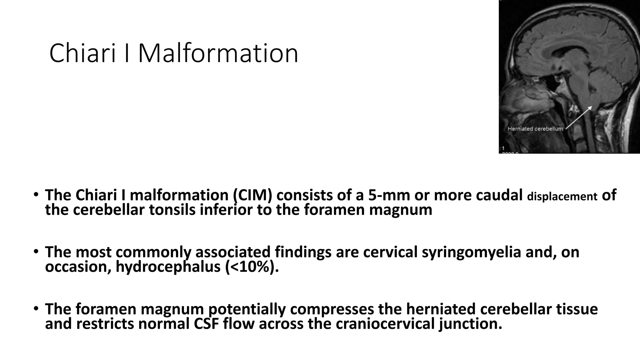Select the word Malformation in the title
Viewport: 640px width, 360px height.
click(x=218, y=53)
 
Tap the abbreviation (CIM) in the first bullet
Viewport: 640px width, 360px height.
click(x=252, y=195)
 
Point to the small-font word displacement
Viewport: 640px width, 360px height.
click(x=562, y=197)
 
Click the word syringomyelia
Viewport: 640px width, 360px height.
click(x=471, y=252)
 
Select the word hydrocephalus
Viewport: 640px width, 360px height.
click(x=168, y=267)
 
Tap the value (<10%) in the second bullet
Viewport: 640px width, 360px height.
click(x=250, y=267)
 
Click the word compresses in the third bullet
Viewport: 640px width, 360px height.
click(x=332, y=309)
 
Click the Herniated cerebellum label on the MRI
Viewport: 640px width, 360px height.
click(x=535, y=129)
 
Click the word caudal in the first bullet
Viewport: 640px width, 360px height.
click(x=499, y=195)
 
